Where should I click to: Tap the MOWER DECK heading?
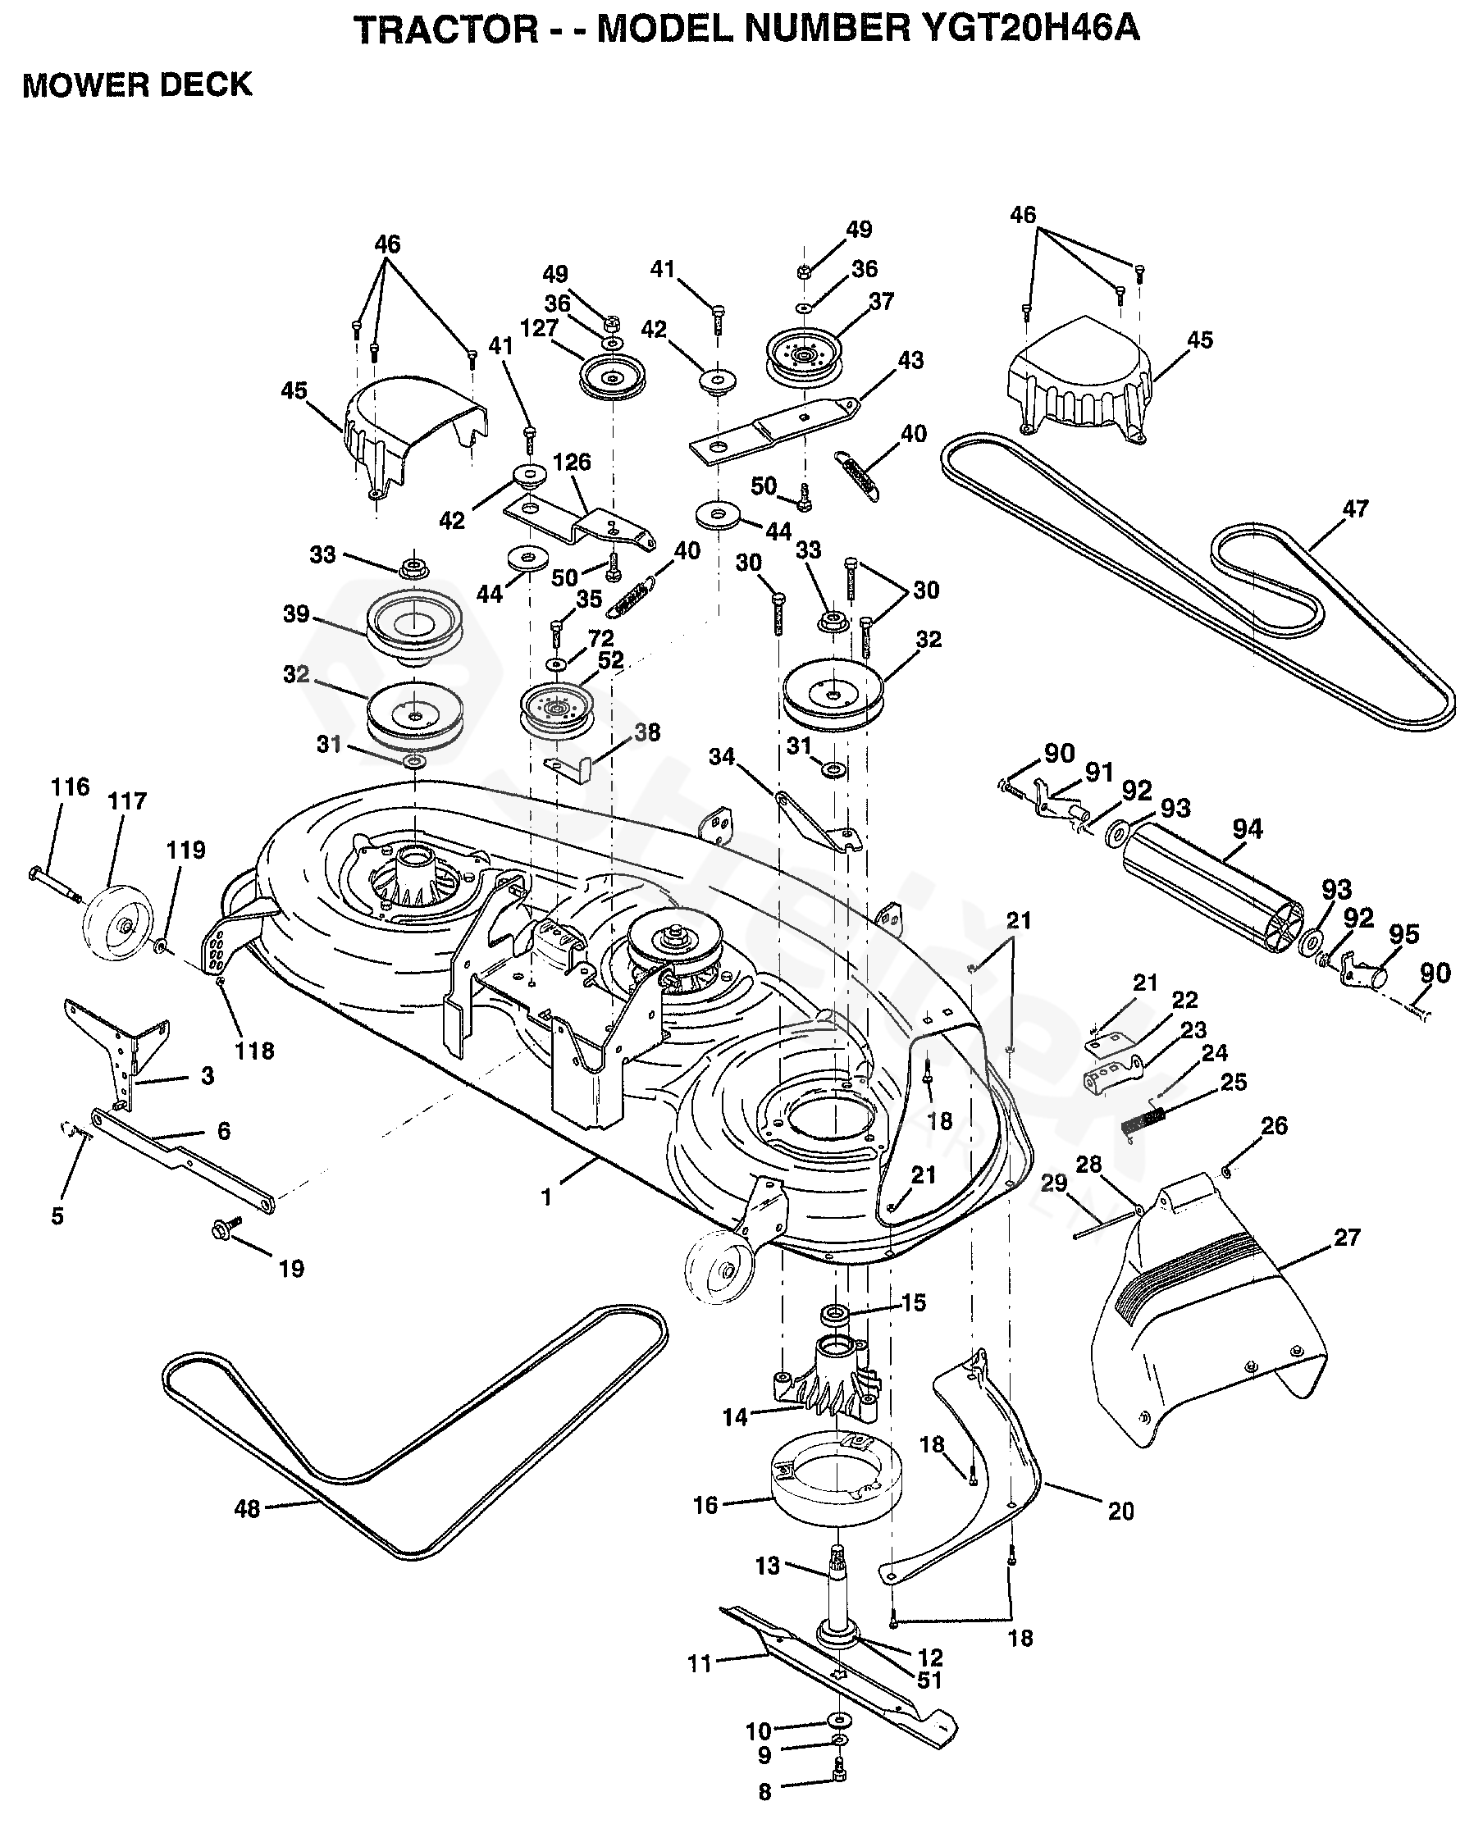138,85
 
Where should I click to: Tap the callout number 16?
705,1505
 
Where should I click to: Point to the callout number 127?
539,328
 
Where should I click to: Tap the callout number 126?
572,462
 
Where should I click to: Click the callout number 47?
1355,509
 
